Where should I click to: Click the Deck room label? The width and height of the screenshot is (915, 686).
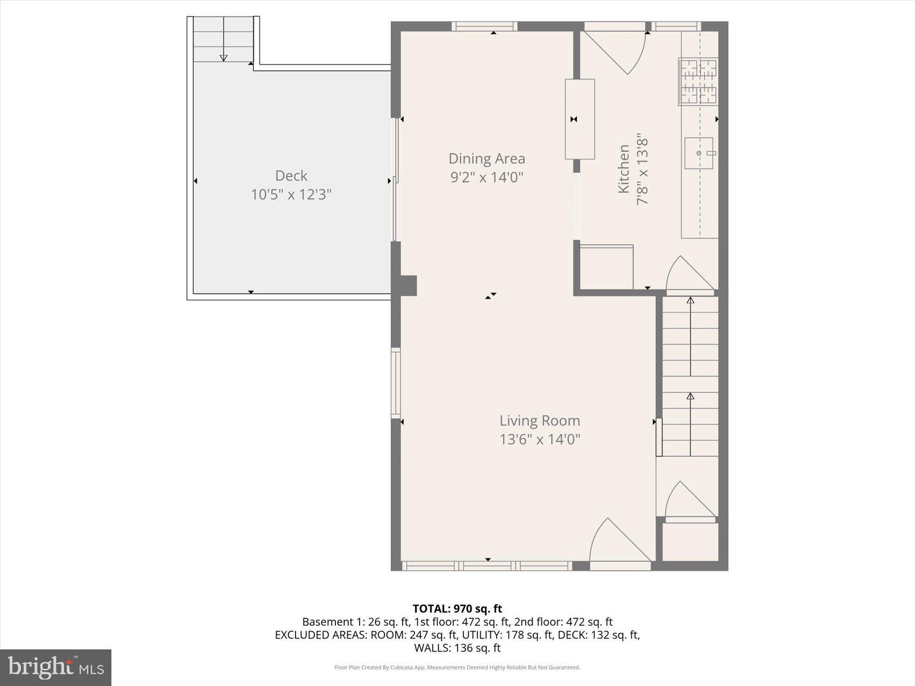pos(291,175)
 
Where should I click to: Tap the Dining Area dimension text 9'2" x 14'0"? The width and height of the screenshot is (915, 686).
pos(487,177)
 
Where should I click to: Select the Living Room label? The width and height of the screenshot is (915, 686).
pos(539,421)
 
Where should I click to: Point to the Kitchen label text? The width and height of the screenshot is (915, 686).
pos(623,168)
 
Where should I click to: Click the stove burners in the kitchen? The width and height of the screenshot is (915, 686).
pos(698,81)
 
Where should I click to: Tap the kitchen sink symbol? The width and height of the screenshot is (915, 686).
pos(699,153)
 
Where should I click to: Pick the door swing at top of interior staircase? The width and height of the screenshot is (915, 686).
pos(689,275)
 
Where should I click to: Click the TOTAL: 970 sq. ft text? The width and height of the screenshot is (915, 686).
pos(457,609)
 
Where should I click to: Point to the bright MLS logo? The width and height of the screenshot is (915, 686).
pos(55,667)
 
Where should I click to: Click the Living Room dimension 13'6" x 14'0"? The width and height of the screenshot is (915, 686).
pos(539,440)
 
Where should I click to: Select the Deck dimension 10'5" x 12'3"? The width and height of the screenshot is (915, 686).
pos(291,194)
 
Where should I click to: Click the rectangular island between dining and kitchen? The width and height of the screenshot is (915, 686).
pos(580,119)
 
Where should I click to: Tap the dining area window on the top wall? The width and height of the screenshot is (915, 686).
pos(484,26)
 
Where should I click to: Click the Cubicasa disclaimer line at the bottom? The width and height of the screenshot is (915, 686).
pos(457,668)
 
